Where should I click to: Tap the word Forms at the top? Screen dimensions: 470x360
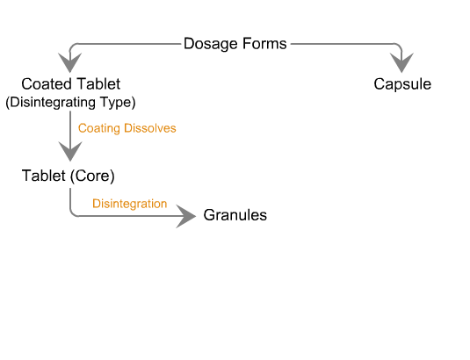264,43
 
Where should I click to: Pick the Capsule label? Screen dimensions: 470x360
402,84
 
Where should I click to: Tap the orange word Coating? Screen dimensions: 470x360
99,128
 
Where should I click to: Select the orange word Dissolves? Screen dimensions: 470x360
150,128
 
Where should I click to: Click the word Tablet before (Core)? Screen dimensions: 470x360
44,176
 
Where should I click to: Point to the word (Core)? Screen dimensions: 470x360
92,176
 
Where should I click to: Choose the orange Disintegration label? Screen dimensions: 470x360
129,204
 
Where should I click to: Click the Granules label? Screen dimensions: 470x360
235,215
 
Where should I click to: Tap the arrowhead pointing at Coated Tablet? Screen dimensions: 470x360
69,62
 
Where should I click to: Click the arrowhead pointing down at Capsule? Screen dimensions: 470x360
401,62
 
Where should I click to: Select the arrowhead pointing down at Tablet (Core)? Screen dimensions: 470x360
70,151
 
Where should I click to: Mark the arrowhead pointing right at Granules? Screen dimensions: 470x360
186,216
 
